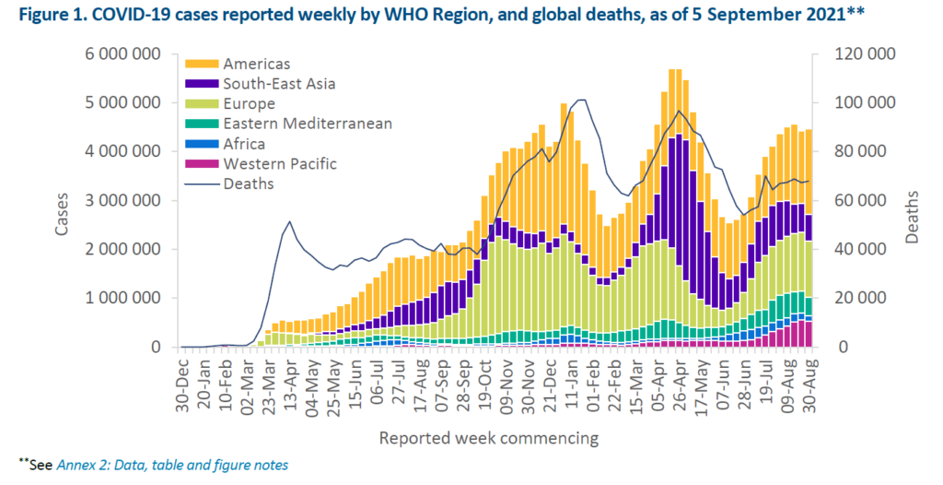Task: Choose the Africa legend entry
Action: pyautogui.click(x=242, y=144)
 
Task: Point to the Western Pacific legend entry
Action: pyautogui.click(x=279, y=164)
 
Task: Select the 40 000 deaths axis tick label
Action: pyautogui.click(x=863, y=249)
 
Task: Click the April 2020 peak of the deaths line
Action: pyautogui.click(x=290, y=221)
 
